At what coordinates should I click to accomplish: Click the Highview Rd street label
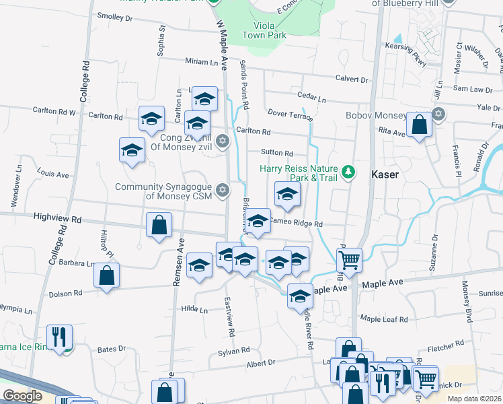(x=57, y=219)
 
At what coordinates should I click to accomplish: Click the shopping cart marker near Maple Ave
(x=349, y=259)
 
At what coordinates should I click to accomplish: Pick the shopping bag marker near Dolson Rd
(x=107, y=275)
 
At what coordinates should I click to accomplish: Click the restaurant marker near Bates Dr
(x=59, y=337)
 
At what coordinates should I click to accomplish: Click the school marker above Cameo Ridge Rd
(x=287, y=195)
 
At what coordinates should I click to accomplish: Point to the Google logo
(x=22, y=396)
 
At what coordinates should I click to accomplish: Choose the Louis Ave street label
(x=54, y=174)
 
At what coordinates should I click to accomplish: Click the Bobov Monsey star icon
(x=438, y=113)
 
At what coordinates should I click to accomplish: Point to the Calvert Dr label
(x=352, y=79)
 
